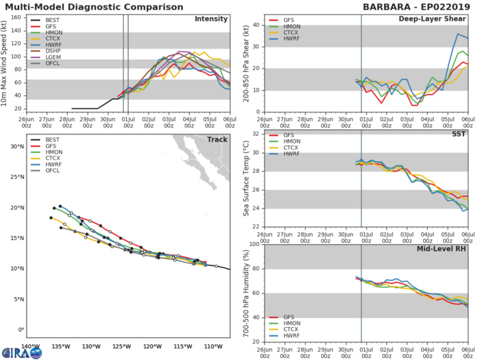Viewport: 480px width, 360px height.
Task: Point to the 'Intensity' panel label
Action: (x=212, y=19)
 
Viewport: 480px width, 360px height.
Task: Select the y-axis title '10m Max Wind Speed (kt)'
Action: (x=6, y=63)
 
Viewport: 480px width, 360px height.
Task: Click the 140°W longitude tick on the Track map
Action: (x=31, y=347)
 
